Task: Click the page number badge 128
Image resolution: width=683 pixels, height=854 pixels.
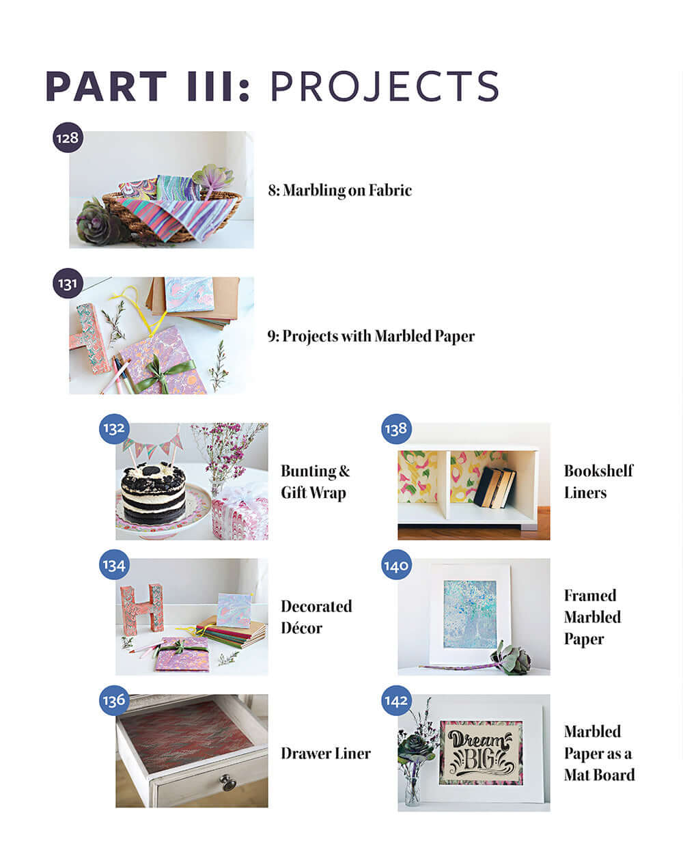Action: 68,138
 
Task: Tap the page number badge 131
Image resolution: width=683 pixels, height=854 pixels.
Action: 68,283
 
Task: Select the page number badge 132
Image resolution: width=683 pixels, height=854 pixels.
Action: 114,428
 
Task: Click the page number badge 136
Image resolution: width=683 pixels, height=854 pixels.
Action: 114,700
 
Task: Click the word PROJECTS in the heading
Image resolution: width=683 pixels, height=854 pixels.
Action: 385,86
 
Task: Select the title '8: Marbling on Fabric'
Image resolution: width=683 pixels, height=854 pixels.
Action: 339,190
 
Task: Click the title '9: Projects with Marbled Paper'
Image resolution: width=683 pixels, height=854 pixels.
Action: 371,336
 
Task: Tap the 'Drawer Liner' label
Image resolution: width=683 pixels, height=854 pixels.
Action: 326,753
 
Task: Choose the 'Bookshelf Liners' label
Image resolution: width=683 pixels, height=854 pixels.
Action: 598,482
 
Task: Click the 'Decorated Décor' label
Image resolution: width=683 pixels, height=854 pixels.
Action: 316,617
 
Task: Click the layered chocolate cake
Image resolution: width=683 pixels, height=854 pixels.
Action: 153,493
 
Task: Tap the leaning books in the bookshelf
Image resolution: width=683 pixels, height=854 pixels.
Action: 494,486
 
